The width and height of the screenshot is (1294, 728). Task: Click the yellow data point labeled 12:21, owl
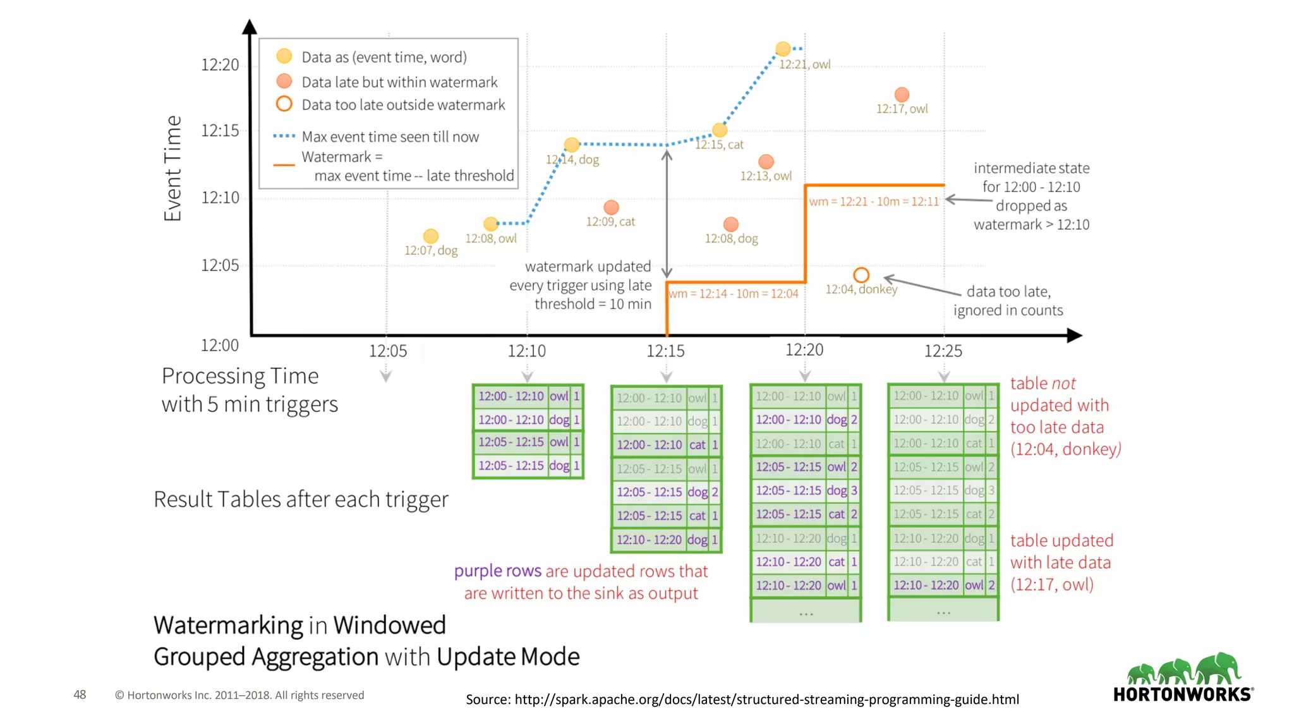[x=783, y=49]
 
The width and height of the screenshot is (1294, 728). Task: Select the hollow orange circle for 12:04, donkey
[x=861, y=275]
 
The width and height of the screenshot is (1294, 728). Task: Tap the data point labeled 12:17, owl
[x=902, y=95]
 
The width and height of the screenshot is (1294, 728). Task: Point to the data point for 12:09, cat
[x=611, y=207]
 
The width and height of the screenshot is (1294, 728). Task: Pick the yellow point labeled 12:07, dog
[x=431, y=236]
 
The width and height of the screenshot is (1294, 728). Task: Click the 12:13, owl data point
[x=766, y=162]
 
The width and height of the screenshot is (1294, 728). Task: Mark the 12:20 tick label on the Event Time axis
[x=220, y=64]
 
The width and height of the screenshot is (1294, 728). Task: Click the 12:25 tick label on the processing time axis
[x=943, y=351]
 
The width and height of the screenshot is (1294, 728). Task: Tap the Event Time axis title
[x=172, y=168]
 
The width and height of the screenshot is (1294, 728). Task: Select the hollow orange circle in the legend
[x=284, y=104]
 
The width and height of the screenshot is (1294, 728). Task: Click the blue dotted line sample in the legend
[x=284, y=136]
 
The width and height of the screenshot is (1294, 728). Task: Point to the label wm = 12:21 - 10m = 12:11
[x=874, y=202]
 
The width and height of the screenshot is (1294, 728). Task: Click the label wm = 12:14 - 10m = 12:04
[x=734, y=294]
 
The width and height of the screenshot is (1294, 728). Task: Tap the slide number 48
[x=80, y=695]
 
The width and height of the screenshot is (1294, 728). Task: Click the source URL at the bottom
[x=742, y=699]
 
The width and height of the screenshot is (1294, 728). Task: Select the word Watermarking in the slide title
[x=228, y=625]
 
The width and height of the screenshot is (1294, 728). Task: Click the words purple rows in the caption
[x=497, y=571]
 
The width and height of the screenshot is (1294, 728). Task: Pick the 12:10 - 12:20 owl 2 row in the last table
[x=943, y=585]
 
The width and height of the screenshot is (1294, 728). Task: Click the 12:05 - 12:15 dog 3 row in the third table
[x=806, y=490]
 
